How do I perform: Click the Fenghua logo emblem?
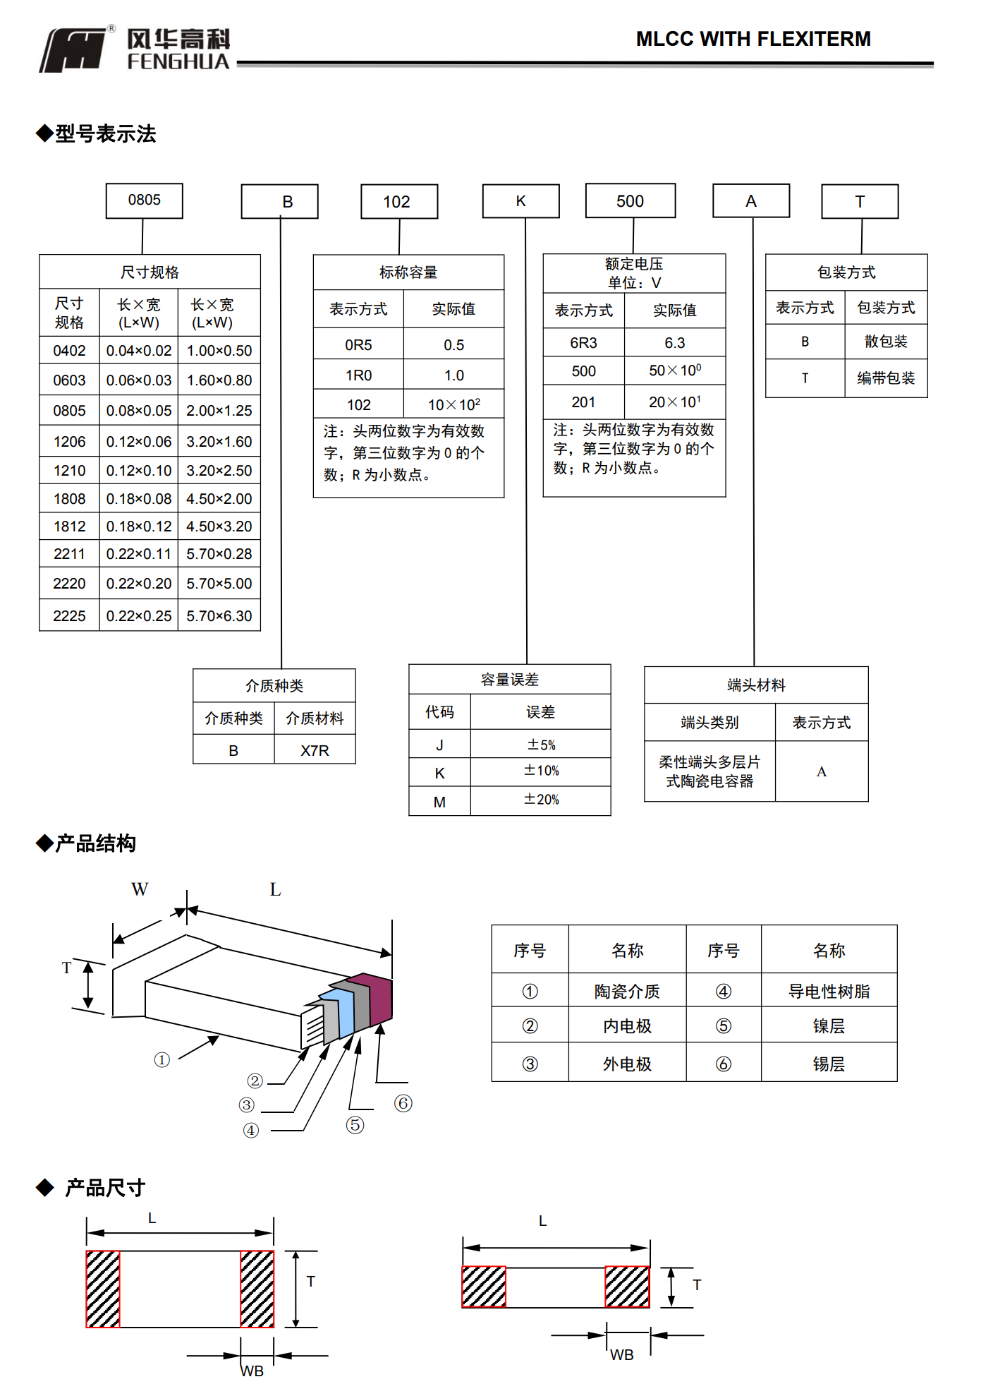pos(75,49)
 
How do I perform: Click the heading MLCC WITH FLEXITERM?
pos(753,39)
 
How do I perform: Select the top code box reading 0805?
pos(144,200)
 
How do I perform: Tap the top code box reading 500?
pos(630,201)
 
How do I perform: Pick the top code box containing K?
pos(520,201)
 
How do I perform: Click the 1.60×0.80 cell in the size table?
pos(219,380)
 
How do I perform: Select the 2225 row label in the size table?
pos(69,615)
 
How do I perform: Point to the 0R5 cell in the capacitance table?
pos(358,345)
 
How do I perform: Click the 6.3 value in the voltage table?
pos(674,343)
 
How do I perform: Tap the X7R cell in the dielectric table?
pos(315,750)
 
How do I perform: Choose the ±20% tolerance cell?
pos(540,800)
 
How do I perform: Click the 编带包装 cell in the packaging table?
pos(885,378)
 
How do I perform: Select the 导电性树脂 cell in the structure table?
pos(829,992)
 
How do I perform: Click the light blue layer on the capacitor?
pos(346,1010)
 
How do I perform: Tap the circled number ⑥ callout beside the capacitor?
pos(403,1103)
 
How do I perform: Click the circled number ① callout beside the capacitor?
pos(162,1059)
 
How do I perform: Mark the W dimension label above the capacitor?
pos(140,889)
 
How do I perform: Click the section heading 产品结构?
pos(95,843)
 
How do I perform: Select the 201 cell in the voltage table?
pos(583,402)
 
